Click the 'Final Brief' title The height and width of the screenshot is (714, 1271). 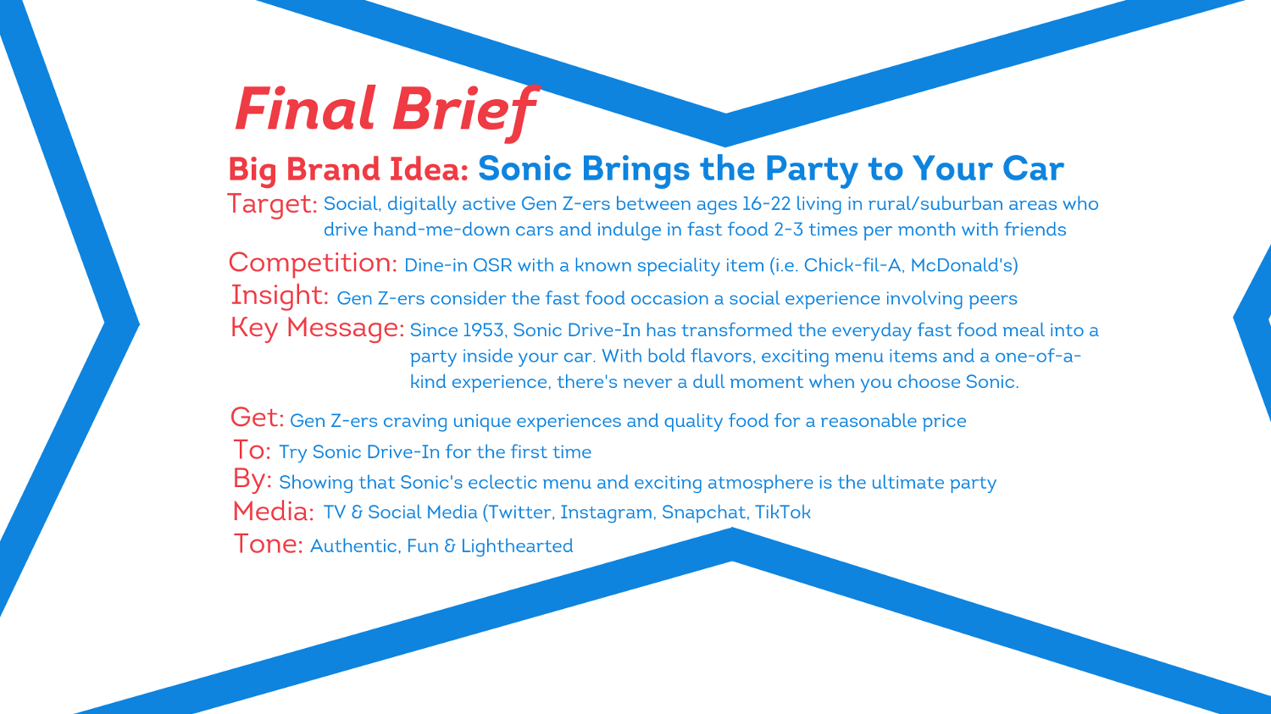[x=386, y=110]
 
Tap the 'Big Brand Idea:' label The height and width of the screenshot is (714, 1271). [x=348, y=169]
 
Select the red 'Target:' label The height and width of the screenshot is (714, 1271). [x=272, y=204]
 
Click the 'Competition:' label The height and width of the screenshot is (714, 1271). [x=313, y=263]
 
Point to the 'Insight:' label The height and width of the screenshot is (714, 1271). [x=280, y=296]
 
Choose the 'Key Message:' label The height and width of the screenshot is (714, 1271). [x=317, y=328]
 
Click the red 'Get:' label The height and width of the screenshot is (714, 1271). [x=257, y=418]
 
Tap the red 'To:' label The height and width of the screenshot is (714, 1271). [x=252, y=450]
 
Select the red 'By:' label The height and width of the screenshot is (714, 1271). [x=253, y=479]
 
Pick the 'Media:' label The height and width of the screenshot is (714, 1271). [x=274, y=512]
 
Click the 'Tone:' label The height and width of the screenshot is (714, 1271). [x=268, y=544]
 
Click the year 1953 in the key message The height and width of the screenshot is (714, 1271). [x=484, y=330]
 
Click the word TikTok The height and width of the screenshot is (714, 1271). [x=782, y=512]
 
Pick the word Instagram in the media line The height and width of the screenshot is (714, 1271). [x=607, y=512]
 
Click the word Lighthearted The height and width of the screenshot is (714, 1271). [x=517, y=546]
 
